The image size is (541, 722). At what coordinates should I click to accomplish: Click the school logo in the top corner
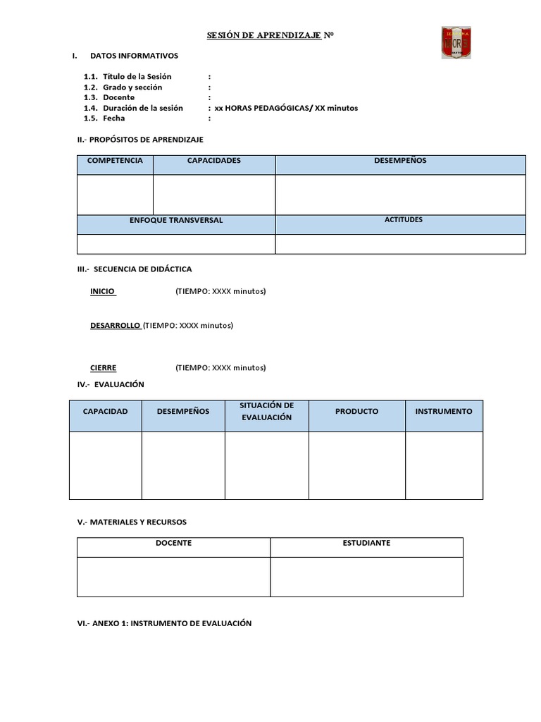456,42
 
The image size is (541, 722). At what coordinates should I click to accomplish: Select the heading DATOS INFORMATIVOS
134,56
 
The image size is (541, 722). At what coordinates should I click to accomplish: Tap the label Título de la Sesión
137,76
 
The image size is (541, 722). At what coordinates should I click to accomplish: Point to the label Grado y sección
132,87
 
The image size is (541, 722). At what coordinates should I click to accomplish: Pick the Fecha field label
113,118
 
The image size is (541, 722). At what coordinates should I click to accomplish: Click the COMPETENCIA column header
115,161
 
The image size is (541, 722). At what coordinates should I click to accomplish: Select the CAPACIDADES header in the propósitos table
213,161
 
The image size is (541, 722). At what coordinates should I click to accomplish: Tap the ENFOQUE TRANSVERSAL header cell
176,221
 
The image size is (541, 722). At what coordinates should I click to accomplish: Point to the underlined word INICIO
103,291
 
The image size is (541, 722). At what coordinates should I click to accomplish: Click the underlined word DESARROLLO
116,326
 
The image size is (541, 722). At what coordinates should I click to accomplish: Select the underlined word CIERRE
104,368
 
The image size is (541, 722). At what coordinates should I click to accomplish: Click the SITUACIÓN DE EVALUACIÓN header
266,411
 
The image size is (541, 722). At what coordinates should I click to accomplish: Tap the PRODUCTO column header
356,411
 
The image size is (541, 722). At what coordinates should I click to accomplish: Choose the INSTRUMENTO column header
444,411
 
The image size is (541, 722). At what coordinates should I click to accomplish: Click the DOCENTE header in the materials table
173,543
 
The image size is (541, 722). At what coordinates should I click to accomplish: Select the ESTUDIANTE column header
366,543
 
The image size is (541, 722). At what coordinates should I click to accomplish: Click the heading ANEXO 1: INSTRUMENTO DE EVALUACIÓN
164,623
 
